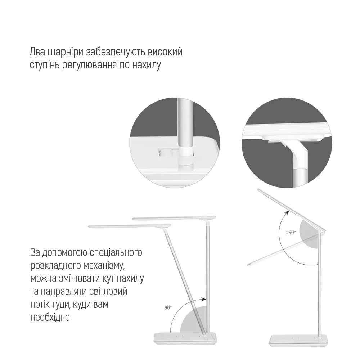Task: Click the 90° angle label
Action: pos(168,308)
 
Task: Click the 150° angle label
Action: pos(291,233)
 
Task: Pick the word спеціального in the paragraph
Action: pos(116,253)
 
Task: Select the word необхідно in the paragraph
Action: pos(50,318)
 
